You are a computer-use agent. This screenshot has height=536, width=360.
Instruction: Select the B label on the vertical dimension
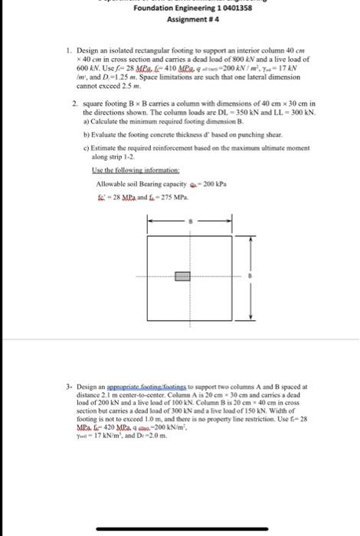[247, 276]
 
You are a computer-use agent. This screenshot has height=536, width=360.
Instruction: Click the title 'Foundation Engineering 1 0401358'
[182, 8]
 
